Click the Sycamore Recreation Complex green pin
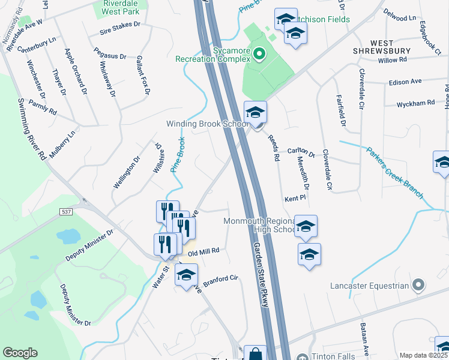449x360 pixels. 259,54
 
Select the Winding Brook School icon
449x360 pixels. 255,113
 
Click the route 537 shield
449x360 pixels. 66,212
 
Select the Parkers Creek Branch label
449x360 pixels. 396,173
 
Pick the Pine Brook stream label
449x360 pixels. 178,155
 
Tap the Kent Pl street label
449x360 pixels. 295,197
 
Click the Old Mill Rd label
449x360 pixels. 204,253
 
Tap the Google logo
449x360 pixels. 20,353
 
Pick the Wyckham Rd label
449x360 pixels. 415,104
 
